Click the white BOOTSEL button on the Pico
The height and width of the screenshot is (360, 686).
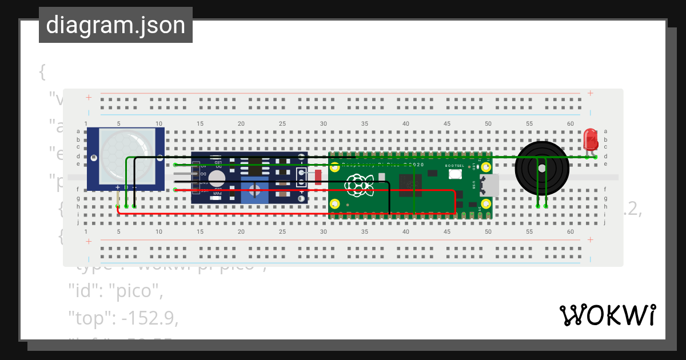tap(455, 174)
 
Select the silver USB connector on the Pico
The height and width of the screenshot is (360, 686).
tap(490, 185)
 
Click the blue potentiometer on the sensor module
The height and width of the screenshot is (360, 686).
tap(255, 189)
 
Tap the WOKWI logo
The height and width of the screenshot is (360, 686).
tap(607, 315)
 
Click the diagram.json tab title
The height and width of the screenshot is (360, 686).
tap(115, 25)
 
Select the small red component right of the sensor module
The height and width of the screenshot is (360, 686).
tap(318, 177)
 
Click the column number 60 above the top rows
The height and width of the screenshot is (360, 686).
tap(570, 123)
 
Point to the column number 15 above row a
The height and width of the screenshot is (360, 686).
tap(200, 123)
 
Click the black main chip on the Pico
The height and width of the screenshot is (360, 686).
tap(410, 184)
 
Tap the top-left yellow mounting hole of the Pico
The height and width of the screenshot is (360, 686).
tap(336, 167)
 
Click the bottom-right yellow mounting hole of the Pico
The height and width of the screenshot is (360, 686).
tap(486, 204)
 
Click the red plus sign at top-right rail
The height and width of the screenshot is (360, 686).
tap(590, 93)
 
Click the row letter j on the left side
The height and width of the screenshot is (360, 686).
tap(78, 222)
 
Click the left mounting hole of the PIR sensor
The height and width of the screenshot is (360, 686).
tap(93, 158)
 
